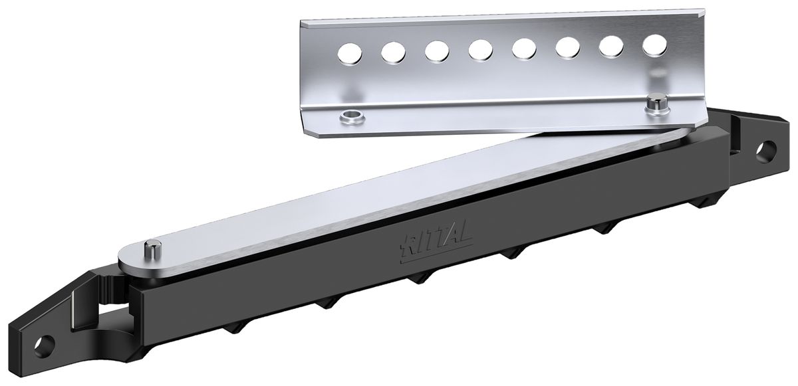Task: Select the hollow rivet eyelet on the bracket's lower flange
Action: coord(350,118)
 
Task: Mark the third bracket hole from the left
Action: coord(436,50)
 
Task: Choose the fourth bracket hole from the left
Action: coord(479,48)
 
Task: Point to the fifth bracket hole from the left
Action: coord(524,47)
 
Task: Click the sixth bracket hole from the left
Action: coord(568,47)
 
